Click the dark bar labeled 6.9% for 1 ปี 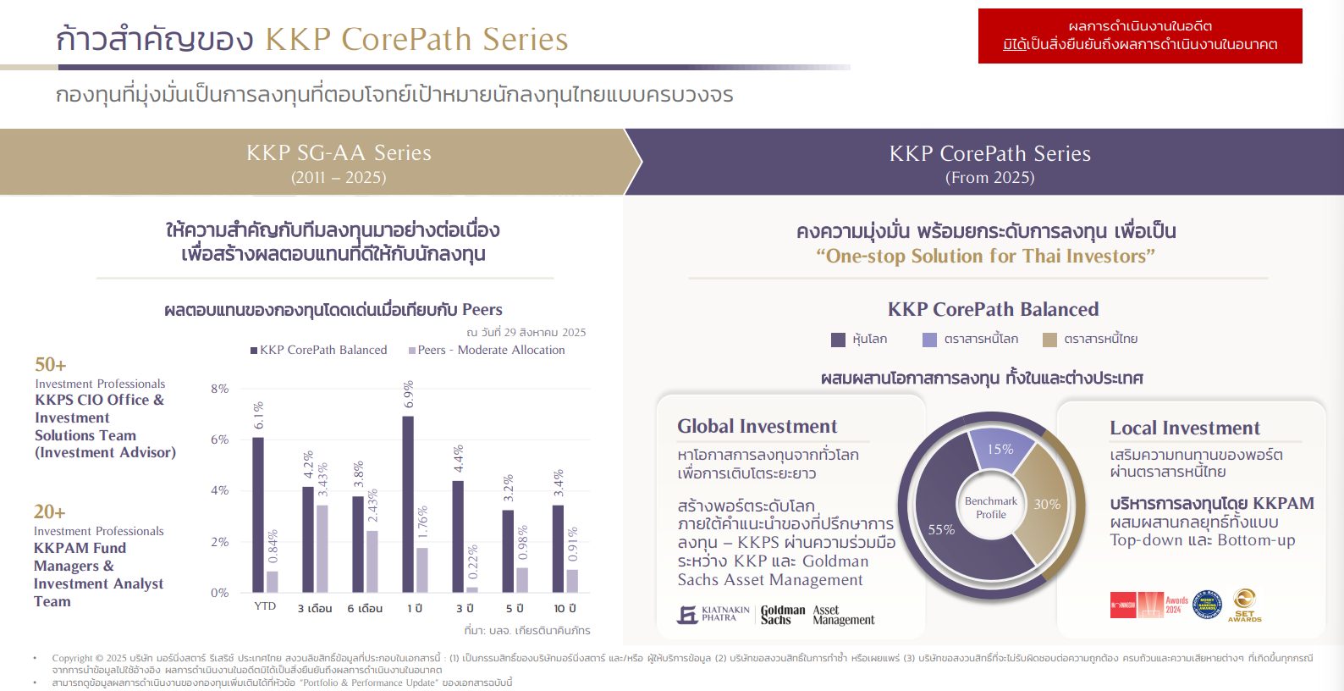coord(408,504)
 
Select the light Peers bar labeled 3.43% coord(322,549)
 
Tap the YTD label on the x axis coord(265,606)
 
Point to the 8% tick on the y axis coord(219,389)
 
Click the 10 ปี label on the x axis coord(565,608)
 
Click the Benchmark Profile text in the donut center coord(991,507)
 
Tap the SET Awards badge coord(1244,605)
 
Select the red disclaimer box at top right coord(1140,36)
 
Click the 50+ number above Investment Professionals coord(50,365)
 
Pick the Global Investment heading coord(757,426)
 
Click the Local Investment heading coord(1184,428)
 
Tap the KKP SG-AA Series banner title coord(339,153)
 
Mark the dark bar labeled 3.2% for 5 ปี coord(508,550)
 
